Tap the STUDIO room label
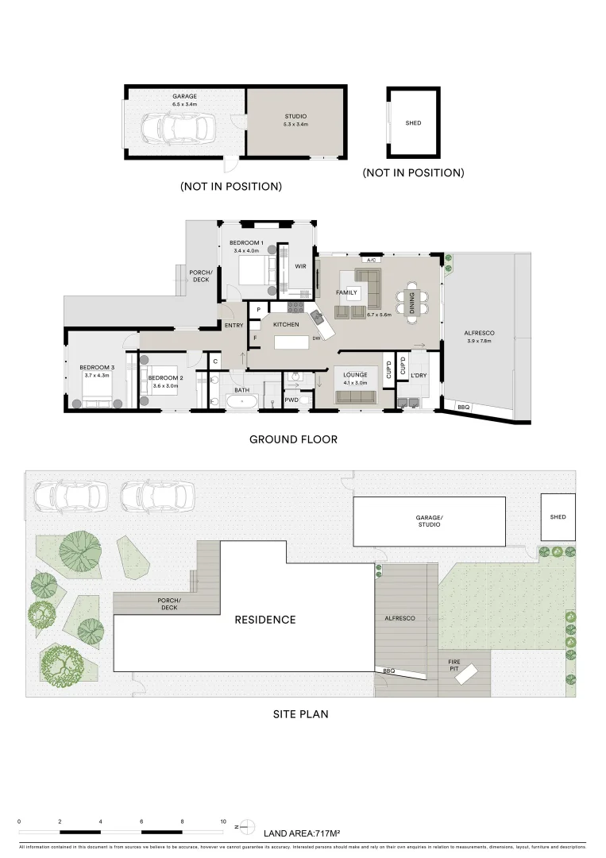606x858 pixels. (295, 116)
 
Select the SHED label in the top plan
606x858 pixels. (413, 123)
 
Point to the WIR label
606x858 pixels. (300, 266)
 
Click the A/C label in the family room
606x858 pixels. (370, 260)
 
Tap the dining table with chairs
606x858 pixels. (411, 303)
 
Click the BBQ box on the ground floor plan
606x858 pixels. (463, 408)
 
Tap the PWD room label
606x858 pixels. (291, 400)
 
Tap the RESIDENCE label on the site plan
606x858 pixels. (264, 620)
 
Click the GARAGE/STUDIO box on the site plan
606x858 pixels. (429, 521)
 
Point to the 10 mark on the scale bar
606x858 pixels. (223, 822)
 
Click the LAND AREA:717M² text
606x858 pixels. (301, 833)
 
